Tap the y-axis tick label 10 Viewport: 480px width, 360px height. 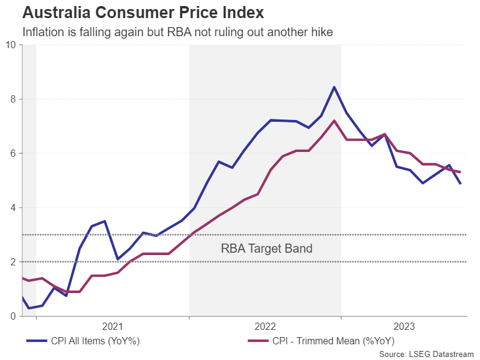[x=10, y=45]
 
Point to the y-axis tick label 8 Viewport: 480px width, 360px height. [x=13, y=99]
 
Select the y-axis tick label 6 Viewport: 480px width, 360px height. [x=13, y=153]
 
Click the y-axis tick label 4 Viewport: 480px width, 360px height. [x=13, y=207]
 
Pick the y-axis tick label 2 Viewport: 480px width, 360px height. [x=13, y=262]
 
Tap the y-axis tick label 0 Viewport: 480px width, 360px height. [x=13, y=316]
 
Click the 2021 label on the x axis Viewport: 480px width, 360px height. [x=113, y=327]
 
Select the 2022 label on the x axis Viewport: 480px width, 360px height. [x=265, y=327]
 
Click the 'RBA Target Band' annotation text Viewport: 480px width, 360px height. [x=267, y=248]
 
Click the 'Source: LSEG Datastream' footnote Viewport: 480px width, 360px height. [x=427, y=353]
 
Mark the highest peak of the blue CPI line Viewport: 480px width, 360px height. [x=334, y=87]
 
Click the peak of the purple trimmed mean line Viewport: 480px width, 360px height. [x=334, y=120]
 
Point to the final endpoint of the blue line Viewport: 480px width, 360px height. [x=461, y=183]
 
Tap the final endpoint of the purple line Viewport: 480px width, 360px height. [x=461, y=172]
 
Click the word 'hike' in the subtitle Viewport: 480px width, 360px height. [x=323, y=32]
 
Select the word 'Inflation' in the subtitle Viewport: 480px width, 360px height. [x=42, y=32]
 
